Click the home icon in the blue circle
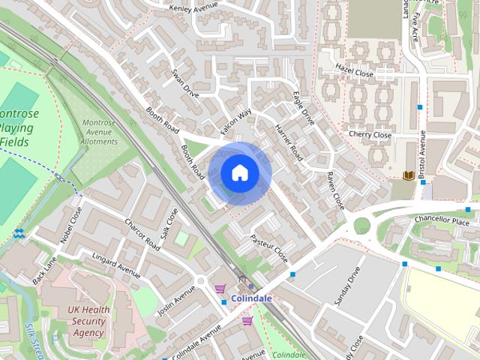(239, 173)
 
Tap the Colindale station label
(251, 298)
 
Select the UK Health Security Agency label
(88, 321)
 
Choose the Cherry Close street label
(370, 135)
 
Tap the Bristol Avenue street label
(423, 154)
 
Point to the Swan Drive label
(184, 85)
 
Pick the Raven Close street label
(334, 190)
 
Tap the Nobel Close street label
(70, 225)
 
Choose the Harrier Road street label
(288, 143)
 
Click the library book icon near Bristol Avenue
(409, 175)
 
